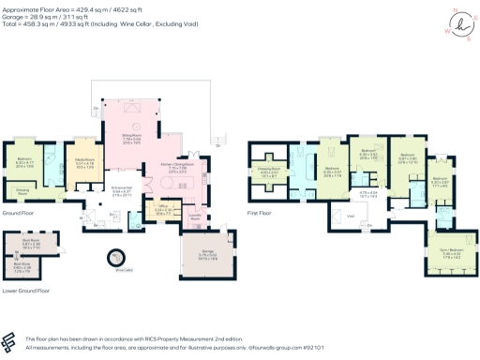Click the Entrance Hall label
121,191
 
